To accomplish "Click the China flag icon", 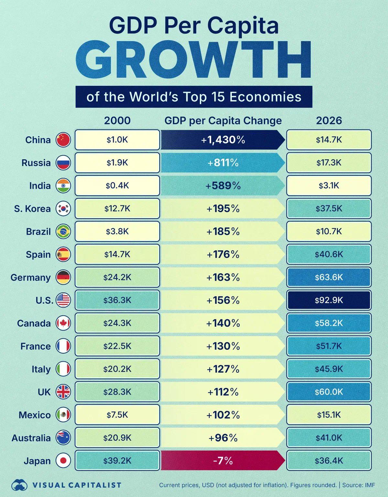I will [x=63, y=140].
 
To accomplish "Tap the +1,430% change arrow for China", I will [x=223, y=140].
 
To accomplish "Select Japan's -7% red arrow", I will [x=223, y=460].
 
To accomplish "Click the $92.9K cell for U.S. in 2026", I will [x=329, y=300].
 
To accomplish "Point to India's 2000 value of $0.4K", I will [x=117, y=186].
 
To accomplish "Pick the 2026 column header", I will [x=329, y=120].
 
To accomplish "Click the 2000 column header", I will [x=117, y=120].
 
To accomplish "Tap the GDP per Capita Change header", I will [x=223, y=120].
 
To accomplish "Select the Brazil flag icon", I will [x=63, y=232].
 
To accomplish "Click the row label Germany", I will [x=31, y=277].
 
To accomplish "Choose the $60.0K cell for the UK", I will [x=329, y=392].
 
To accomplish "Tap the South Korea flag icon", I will [x=63, y=209].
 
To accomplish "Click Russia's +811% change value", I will [x=223, y=163].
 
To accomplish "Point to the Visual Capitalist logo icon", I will [x=19, y=485].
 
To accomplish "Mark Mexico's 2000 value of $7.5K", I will [x=117, y=415].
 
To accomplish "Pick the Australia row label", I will [x=31, y=438].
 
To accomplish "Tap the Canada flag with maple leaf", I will [x=63, y=323].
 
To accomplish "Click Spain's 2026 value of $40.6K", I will [x=329, y=254].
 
